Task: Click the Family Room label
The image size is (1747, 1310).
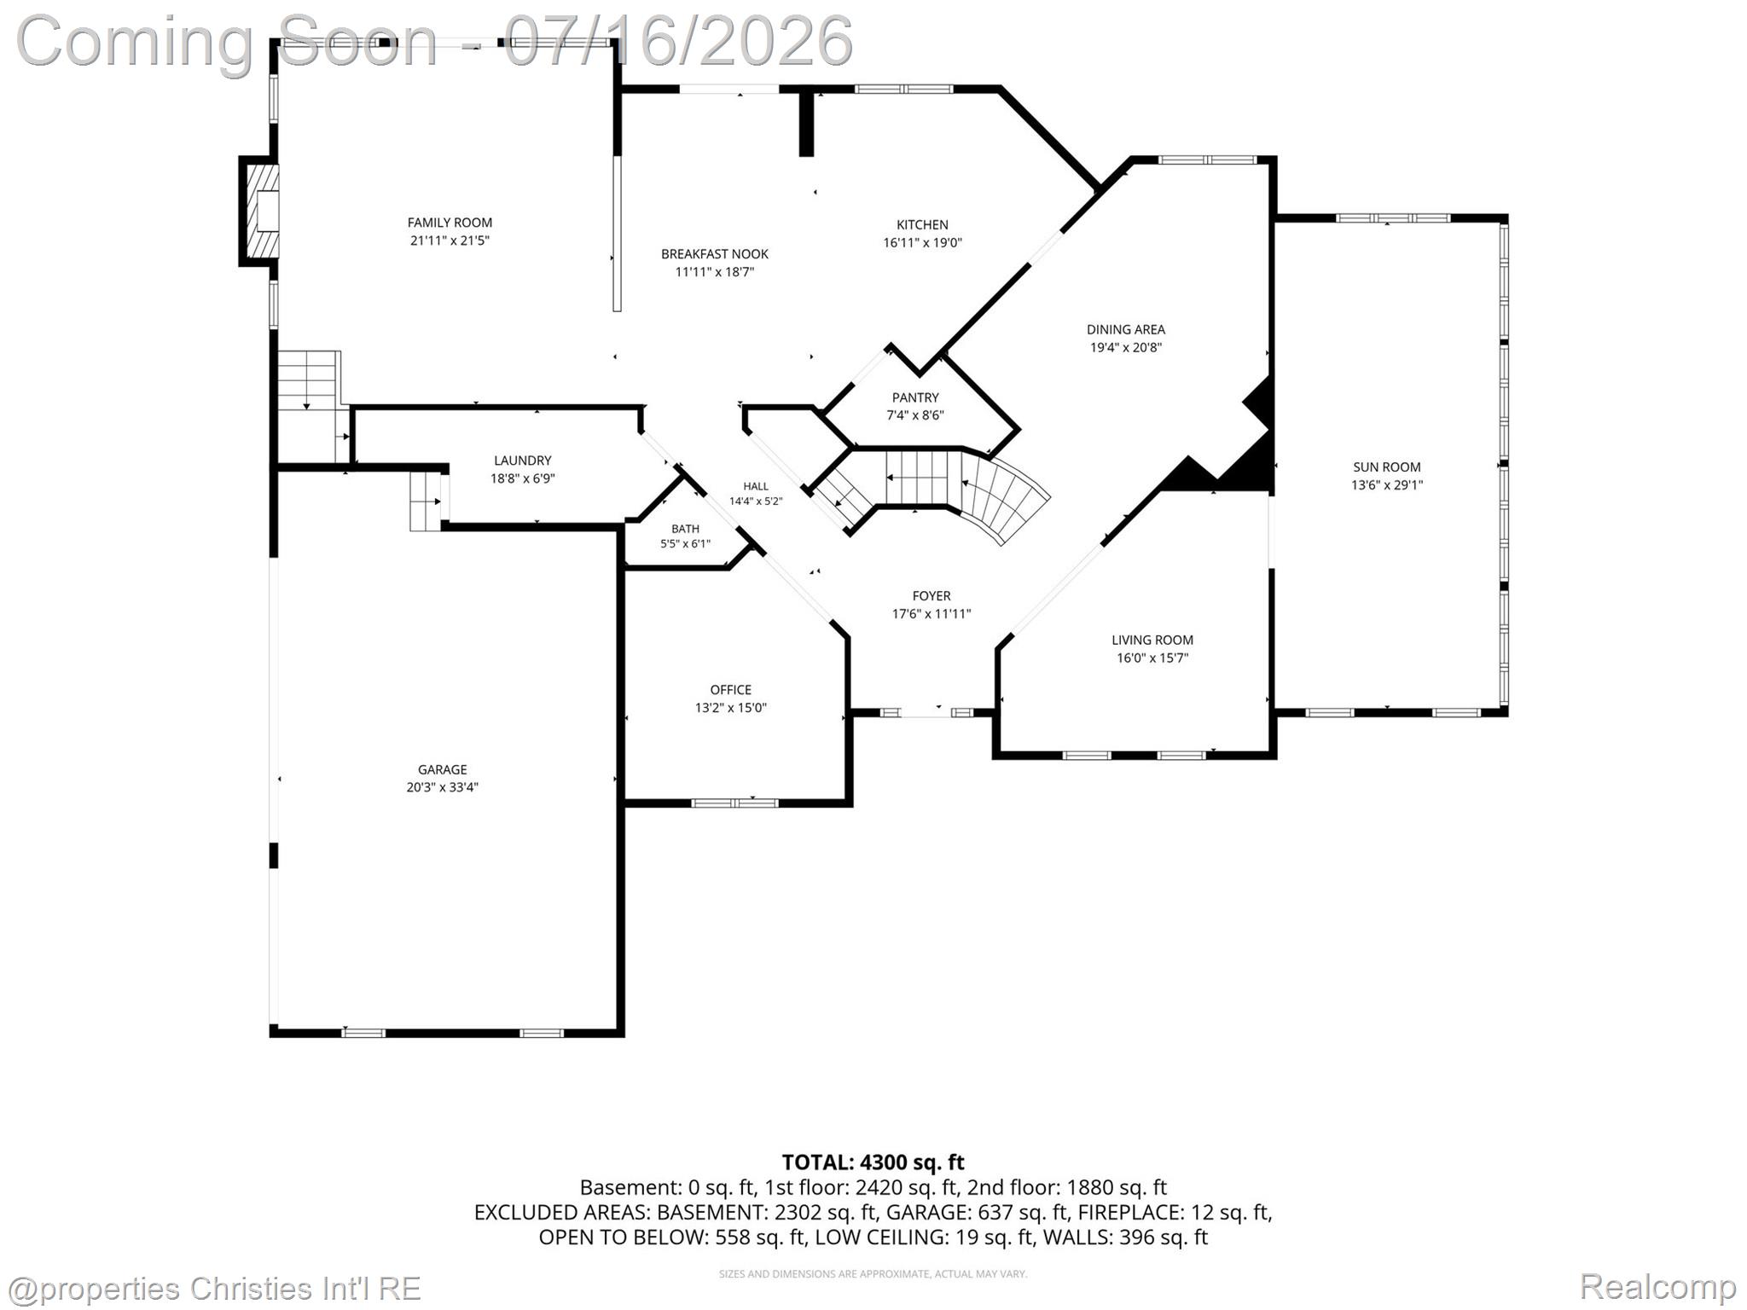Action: [450, 223]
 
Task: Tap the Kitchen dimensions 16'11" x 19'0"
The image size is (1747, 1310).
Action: [922, 242]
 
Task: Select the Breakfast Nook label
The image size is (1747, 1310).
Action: [715, 254]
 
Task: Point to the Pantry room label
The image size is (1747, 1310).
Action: [915, 397]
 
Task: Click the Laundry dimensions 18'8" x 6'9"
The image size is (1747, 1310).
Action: [522, 478]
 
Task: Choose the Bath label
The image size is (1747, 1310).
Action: [685, 529]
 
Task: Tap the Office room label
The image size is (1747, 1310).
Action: [731, 690]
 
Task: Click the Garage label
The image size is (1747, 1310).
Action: [442, 769]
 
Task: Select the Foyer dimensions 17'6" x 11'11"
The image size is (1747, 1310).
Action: [932, 614]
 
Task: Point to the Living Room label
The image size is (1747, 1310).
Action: [1152, 640]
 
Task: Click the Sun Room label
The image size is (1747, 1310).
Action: [1387, 467]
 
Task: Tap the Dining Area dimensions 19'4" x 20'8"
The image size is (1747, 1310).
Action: [1126, 347]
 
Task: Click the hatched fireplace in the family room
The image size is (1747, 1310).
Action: [262, 211]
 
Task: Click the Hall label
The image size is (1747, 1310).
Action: [756, 486]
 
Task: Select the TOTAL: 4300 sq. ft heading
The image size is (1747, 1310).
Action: [873, 1162]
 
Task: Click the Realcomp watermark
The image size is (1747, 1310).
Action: [1657, 1286]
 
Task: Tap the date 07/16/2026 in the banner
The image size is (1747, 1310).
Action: [678, 41]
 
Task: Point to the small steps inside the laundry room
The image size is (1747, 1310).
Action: [425, 501]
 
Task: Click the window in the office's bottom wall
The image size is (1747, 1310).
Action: [734, 803]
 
